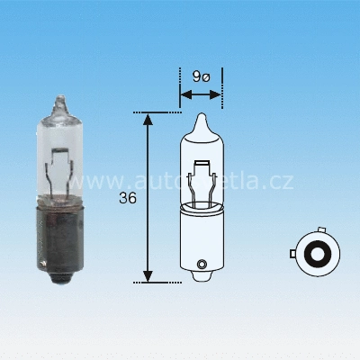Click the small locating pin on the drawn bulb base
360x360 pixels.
(201, 264)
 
